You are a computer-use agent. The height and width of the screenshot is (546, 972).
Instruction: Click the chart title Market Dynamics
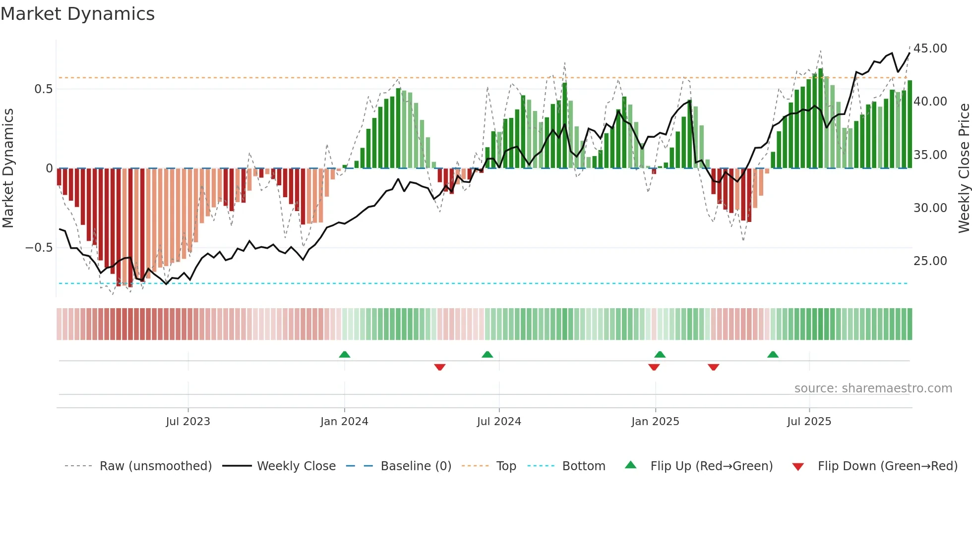[78, 14]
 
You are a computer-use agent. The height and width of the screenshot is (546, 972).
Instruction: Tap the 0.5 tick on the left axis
[43, 89]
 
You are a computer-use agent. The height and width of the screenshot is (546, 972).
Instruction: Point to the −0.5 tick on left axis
[39, 248]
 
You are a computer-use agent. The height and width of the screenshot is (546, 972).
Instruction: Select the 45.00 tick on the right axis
[930, 49]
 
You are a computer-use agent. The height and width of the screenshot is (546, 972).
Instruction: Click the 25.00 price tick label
[930, 261]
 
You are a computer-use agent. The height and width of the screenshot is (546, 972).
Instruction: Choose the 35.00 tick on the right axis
[930, 155]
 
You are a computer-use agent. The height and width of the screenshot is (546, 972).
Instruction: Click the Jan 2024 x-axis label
[344, 422]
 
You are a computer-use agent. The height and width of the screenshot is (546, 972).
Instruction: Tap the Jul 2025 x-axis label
[809, 422]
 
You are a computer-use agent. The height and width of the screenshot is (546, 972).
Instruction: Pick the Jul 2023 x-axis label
[188, 422]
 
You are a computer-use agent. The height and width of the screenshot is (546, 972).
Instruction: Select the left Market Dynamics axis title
[8, 168]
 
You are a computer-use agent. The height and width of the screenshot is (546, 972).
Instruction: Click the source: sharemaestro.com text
[873, 388]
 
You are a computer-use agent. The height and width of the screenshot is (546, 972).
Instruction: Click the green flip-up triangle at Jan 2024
[345, 355]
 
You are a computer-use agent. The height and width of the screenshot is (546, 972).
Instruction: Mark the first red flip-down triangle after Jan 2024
[440, 367]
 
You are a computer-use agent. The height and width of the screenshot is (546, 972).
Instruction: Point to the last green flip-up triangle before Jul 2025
[773, 355]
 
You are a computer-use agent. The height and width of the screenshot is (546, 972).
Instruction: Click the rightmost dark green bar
[910, 124]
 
